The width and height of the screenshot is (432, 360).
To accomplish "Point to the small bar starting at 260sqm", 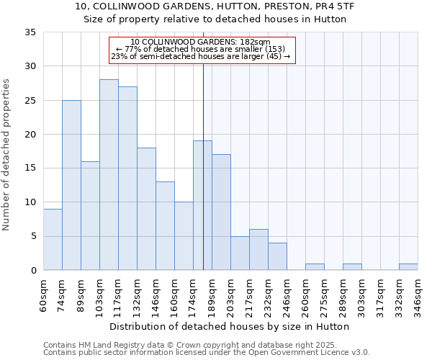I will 315,267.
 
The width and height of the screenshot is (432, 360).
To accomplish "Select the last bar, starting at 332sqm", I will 408,267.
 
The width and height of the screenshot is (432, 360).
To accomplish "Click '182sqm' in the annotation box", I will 255,42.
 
